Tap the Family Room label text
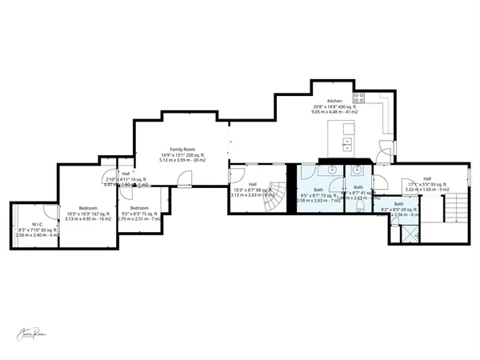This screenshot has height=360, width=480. coord(183,150)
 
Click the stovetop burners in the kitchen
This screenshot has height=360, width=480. coord(360,98)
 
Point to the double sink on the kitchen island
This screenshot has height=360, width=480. coord(349,144)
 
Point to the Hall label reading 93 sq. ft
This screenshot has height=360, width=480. coord(427,178)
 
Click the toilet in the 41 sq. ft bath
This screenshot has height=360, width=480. coord(359,205)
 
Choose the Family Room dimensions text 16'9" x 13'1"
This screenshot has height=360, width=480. coord(183,155)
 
